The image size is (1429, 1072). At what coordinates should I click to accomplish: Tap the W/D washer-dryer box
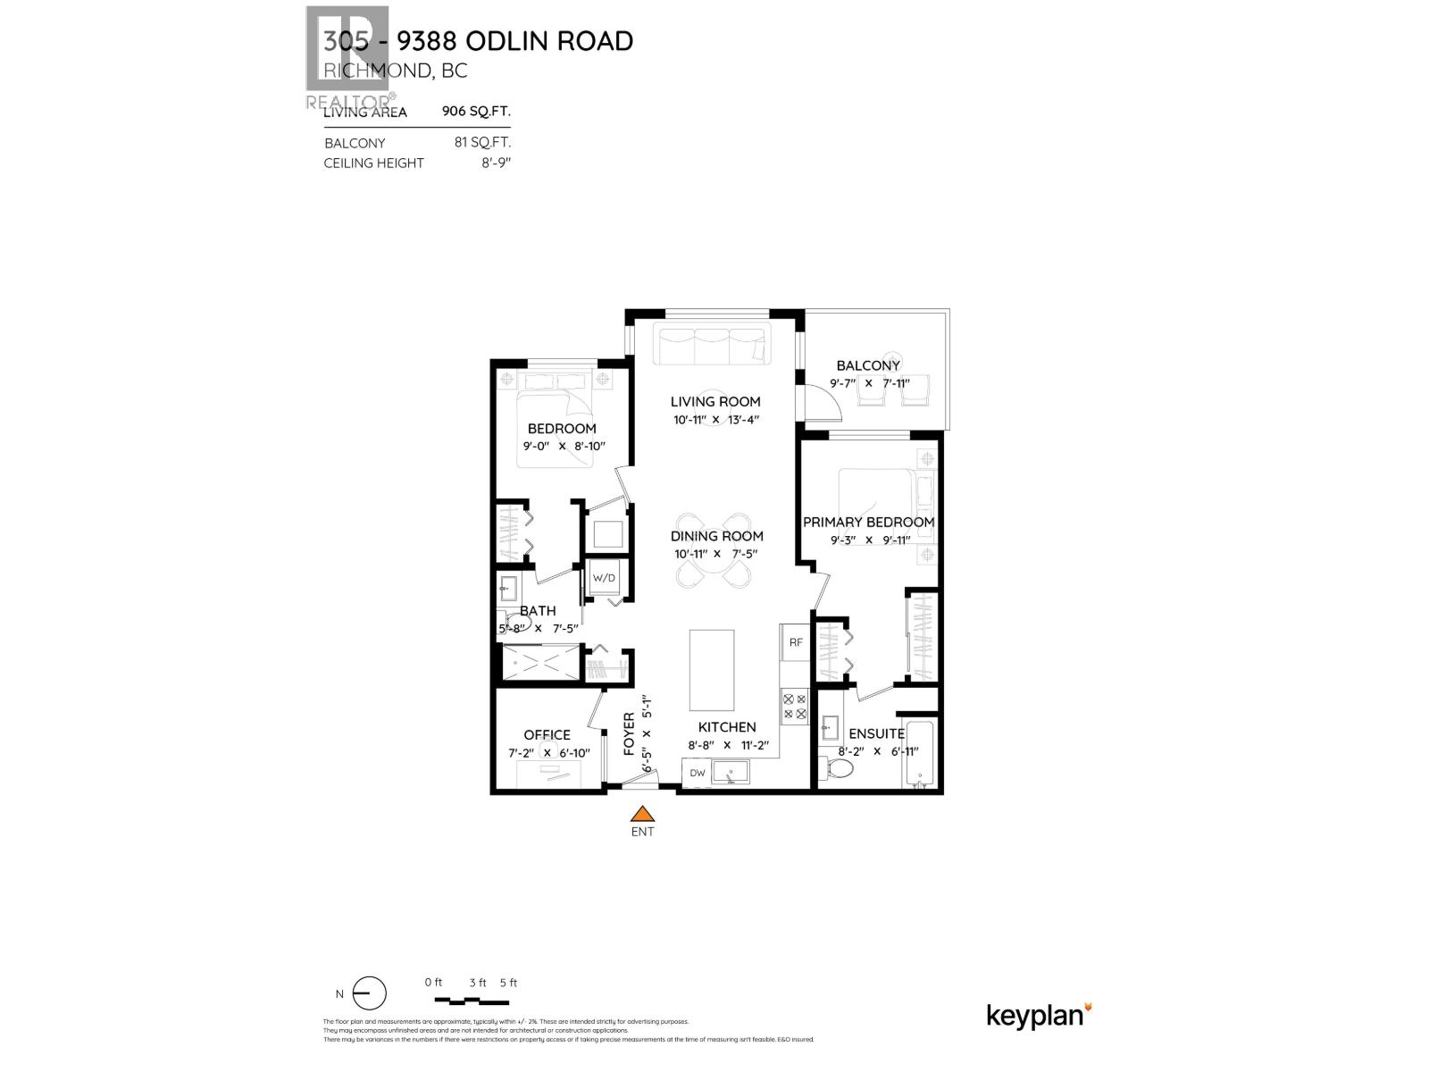pos(605,578)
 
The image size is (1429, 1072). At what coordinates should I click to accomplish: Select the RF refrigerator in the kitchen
pos(794,641)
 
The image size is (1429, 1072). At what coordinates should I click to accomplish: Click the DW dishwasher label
pos(697,773)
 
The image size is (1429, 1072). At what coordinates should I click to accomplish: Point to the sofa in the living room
pos(712,346)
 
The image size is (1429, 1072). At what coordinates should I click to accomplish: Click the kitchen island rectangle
pos(712,668)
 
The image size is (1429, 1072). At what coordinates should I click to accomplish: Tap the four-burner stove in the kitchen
pos(794,707)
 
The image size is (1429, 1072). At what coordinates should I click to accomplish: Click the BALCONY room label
pos(868,365)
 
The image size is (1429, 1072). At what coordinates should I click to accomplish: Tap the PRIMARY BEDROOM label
pos(868,522)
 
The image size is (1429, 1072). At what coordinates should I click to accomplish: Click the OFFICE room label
pos(547,735)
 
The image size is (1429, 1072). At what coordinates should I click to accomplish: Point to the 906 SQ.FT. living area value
pos(476,112)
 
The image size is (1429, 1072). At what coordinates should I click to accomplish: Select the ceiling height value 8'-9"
pos(494,163)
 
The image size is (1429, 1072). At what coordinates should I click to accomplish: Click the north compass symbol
pos(369,993)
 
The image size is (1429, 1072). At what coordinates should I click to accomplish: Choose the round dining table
pos(714,550)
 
